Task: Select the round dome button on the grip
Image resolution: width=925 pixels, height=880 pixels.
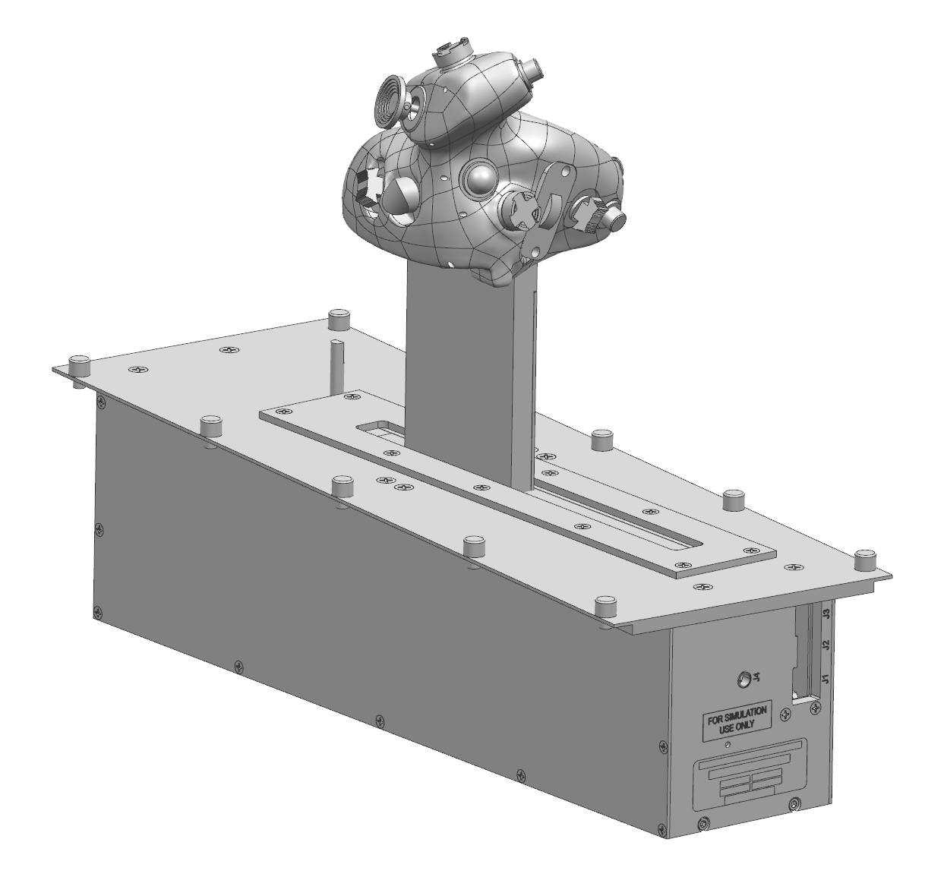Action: [x=481, y=179]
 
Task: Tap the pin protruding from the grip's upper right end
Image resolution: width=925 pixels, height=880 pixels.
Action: [x=535, y=71]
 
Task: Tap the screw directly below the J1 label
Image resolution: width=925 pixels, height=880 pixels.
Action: [x=815, y=707]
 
